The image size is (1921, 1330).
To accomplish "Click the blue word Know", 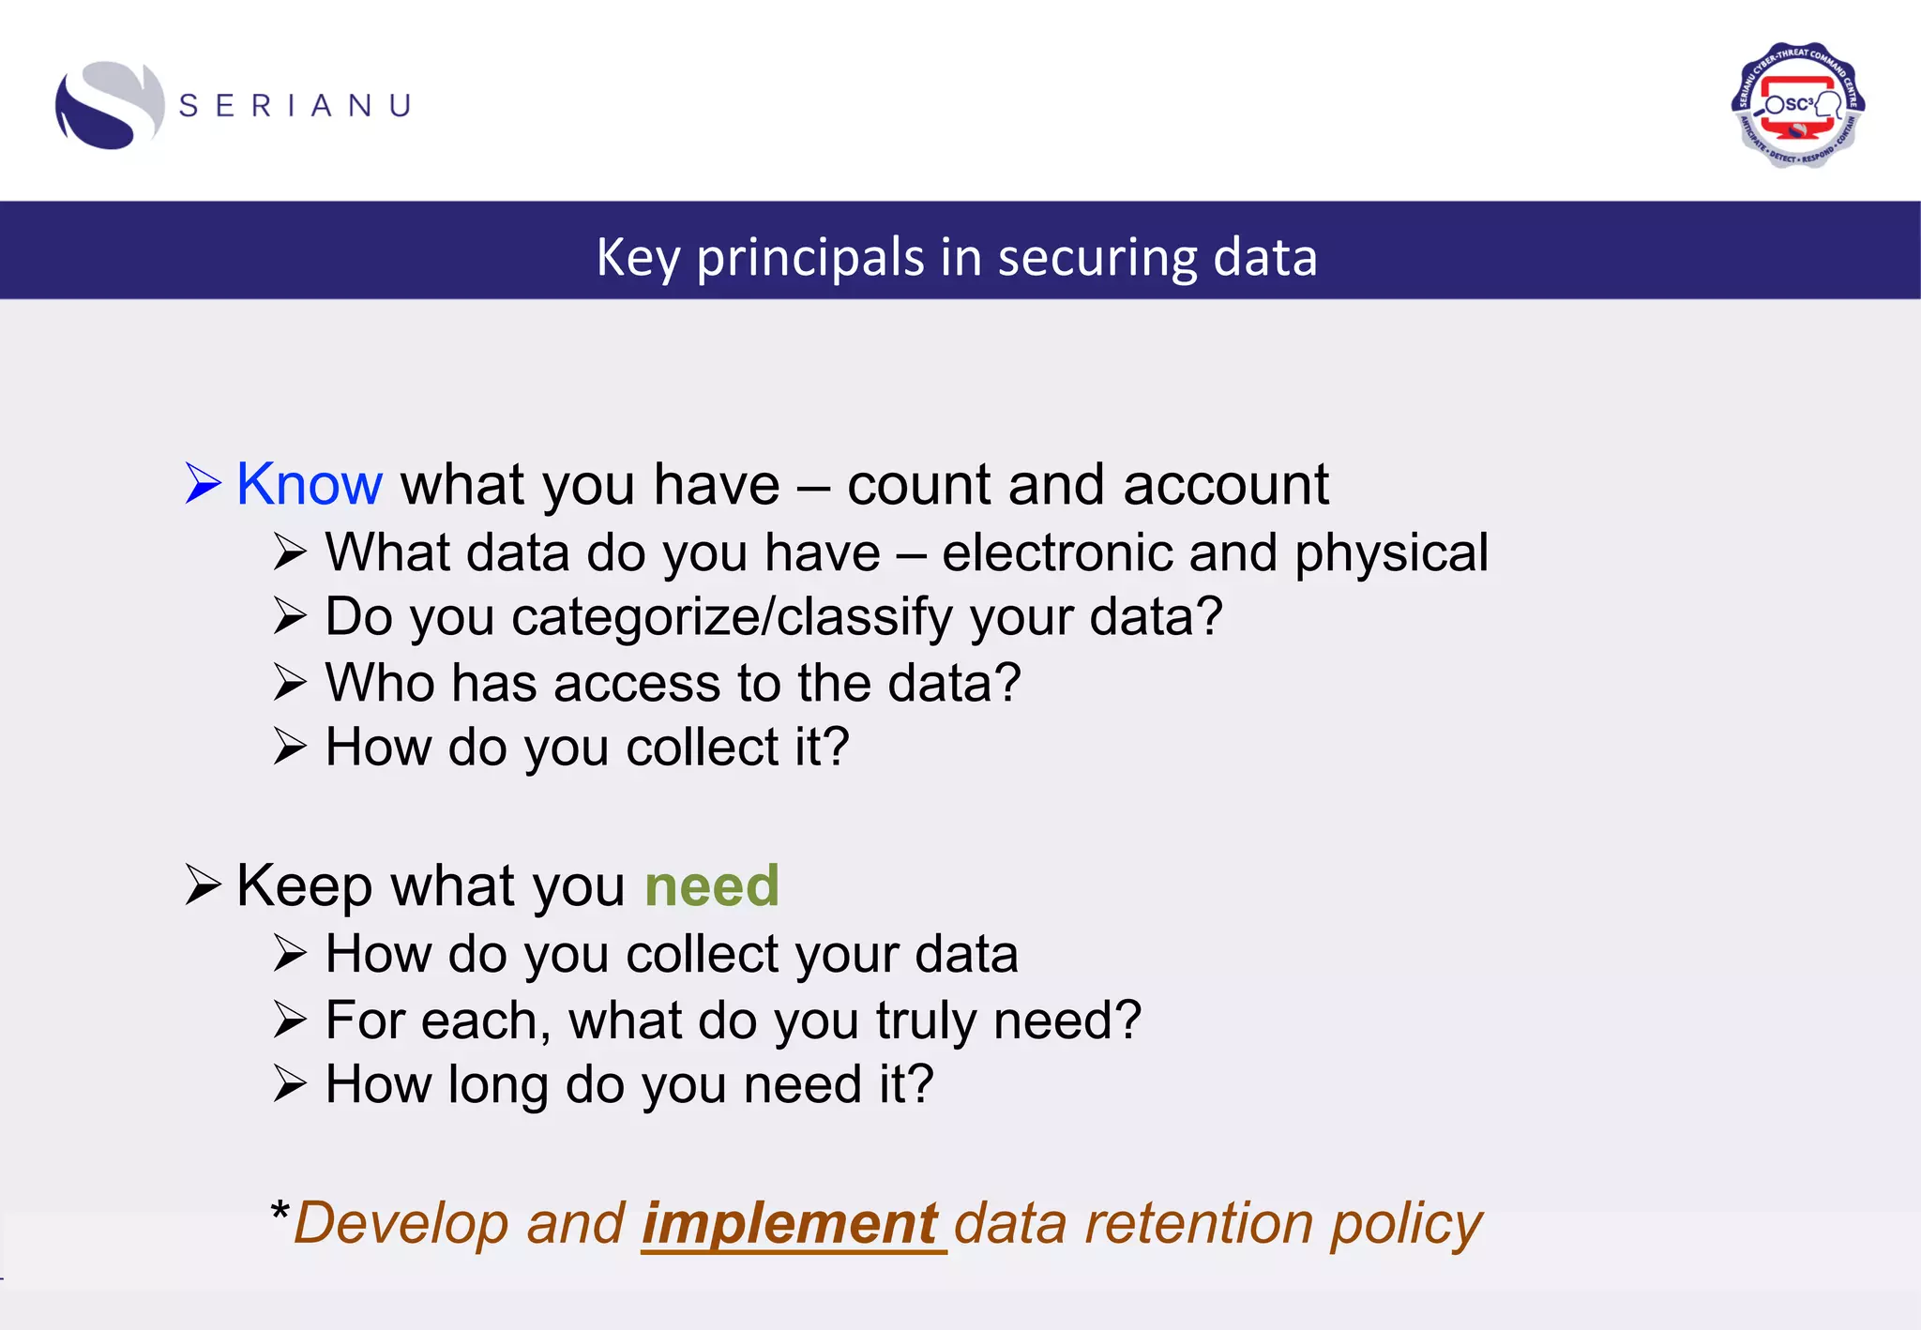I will (x=309, y=485).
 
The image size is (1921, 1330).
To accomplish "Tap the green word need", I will (x=712, y=886).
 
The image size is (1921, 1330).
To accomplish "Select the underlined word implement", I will (x=791, y=1224).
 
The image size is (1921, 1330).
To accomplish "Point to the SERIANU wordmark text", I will (x=295, y=106).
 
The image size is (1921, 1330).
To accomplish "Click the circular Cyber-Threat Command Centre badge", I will (x=1797, y=105).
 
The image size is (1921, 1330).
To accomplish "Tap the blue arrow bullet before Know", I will (x=203, y=484).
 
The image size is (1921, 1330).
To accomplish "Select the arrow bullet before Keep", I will (x=203, y=884).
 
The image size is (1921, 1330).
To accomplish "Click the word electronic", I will (x=1056, y=552).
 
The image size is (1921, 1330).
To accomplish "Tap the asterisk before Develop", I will (x=280, y=1211).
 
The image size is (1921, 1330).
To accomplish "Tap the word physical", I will (x=1391, y=552).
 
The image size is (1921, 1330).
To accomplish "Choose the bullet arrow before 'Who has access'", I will (x=290, y=683).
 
